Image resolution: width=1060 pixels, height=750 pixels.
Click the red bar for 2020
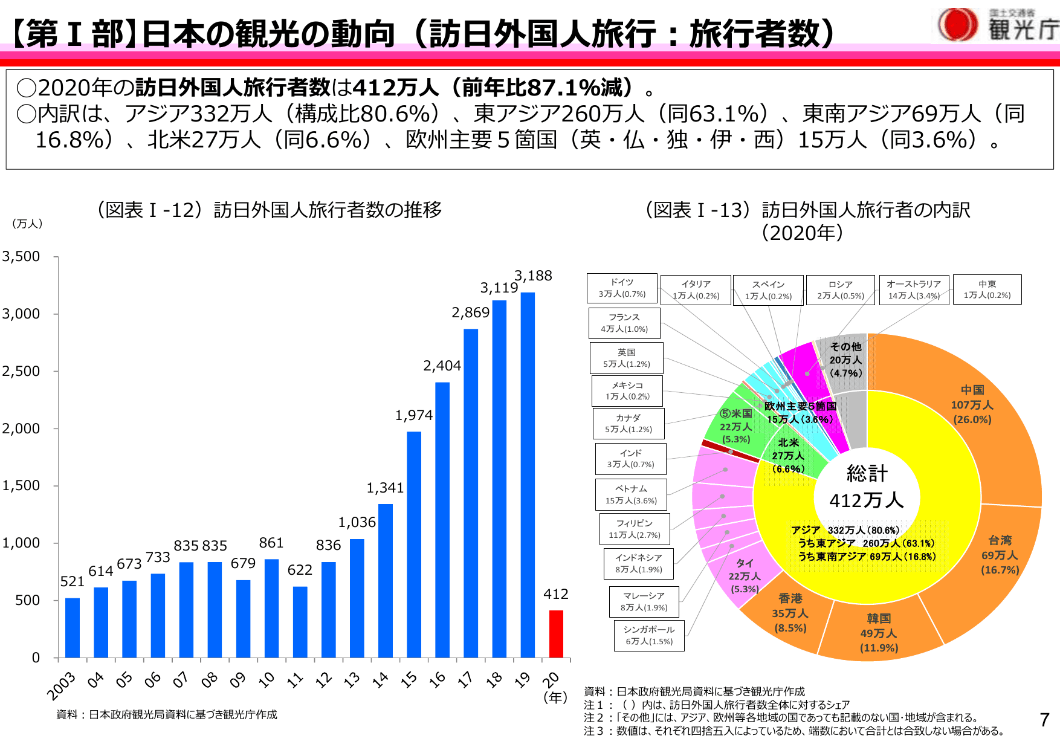pos(556,634)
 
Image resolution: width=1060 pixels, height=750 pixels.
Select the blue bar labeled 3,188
pos(528,474)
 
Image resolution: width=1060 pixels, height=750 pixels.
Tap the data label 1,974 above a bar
pos(414,415)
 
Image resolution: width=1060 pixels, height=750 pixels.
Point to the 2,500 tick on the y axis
pos(21,371)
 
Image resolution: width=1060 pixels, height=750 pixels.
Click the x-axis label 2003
pos(62,685)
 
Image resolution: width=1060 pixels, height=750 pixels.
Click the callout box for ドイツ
pos(622,288)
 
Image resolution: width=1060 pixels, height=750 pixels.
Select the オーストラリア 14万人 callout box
pos(914,289)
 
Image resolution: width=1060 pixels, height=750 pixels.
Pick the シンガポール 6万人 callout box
pos(649,635)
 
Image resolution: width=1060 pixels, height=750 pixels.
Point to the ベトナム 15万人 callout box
pos(631,494)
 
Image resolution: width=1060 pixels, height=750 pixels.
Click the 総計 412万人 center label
pos(867,487)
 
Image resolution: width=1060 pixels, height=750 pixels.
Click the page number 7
pos(1044,719)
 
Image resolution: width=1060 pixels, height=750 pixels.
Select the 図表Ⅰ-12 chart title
pos(269,210)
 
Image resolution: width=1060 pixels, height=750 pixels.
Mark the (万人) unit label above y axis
pos(27,224)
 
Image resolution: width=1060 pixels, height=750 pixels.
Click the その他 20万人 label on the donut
pos(845,360)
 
